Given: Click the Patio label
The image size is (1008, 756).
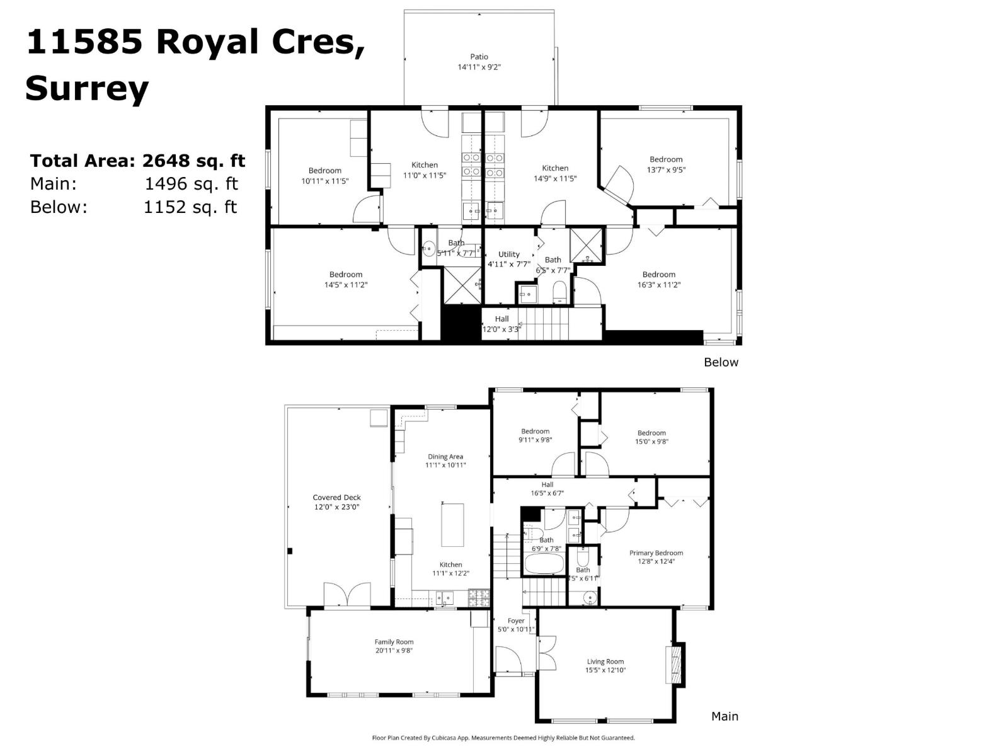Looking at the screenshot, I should click(479, 57).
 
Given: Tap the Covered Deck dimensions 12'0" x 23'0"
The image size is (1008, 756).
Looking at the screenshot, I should click(336, 507).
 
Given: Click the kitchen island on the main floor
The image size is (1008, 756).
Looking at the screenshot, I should click(452, 525).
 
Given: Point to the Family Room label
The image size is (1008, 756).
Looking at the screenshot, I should click(394, 642).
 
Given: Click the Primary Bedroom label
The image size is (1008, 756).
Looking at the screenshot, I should click(656, 553).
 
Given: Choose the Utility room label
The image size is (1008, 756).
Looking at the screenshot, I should click(509, 255).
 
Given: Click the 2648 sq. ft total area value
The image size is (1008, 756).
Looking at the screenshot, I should click(193, 161).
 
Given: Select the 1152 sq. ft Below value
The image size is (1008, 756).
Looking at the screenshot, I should click(190, 207).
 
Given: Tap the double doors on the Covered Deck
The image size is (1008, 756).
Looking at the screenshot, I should click(346, 595).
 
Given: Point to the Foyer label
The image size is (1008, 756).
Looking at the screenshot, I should click(516, 621).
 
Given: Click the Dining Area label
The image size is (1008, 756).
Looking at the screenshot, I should click(445, 457).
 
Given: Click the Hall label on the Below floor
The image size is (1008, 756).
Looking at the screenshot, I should click(501, 319).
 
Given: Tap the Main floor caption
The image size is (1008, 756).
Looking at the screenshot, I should click(724, 716).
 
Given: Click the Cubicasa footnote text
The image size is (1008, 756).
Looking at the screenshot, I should click(503, 738).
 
